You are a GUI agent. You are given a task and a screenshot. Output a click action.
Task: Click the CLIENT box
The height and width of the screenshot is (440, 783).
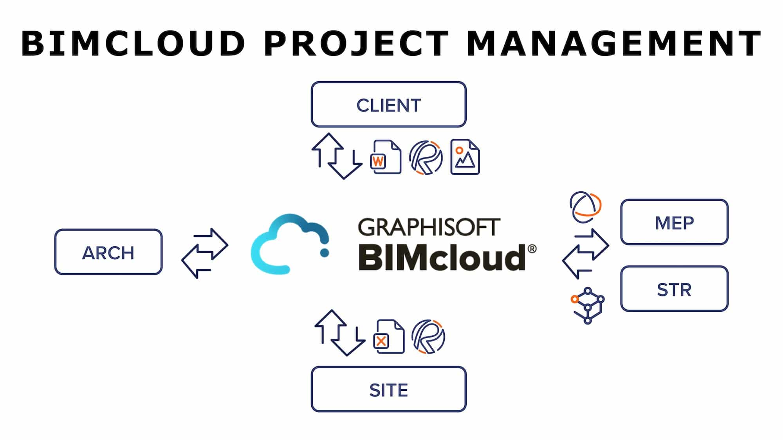[388, 104]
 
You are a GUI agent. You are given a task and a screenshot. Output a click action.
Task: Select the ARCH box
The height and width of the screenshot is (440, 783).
[108, 252]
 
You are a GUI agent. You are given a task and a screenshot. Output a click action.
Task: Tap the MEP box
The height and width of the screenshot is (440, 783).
[674, 222]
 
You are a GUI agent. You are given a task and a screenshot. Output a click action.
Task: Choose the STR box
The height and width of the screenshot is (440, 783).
[674, 289]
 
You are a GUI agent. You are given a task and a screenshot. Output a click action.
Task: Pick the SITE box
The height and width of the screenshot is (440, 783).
[388, 389]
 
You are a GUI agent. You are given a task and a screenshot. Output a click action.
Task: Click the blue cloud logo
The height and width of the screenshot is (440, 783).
[290, 244]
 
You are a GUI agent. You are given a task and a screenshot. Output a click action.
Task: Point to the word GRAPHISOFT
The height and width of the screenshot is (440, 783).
[429, 227]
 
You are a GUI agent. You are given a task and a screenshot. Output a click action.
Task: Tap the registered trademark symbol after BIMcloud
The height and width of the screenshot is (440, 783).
[532, 249]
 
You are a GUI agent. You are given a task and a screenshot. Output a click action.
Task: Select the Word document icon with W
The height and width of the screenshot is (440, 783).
[386, 157]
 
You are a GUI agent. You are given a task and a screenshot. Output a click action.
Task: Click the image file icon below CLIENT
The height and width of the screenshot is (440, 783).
[465, 157]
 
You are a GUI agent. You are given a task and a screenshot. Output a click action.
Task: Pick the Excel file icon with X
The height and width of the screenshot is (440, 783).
[390, 337]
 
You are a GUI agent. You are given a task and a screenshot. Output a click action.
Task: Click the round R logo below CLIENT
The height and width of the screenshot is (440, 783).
[426, 158]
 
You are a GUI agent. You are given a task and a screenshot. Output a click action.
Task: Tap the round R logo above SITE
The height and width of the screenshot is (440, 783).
[428, 337]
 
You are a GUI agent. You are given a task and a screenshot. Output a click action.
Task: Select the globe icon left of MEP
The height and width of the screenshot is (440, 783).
[585, 207]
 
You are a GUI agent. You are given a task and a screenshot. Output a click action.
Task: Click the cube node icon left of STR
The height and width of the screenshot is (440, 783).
[587, 305]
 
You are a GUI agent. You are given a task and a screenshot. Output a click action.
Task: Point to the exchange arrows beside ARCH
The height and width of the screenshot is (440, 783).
[205, 253]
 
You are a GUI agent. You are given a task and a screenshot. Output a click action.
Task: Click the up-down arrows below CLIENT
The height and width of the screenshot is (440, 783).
[336, 156]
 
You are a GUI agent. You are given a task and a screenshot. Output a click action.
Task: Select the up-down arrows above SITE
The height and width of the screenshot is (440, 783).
[339, 333]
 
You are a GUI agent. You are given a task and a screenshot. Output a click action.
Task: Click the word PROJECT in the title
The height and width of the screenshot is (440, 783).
[356, 43]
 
